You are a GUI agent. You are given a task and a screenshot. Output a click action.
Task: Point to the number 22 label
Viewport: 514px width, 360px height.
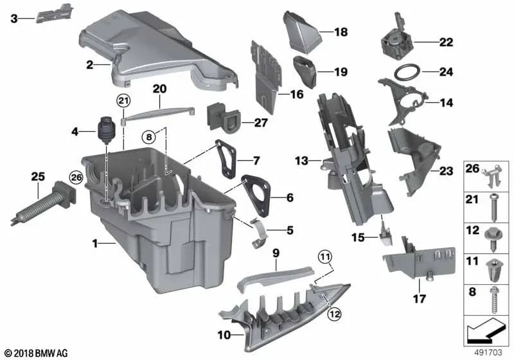coord(445,43)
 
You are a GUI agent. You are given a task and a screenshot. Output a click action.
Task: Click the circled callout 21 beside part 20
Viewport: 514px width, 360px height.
coord(123,100)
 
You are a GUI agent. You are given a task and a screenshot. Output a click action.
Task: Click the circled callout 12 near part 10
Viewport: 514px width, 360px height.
coord(333,314)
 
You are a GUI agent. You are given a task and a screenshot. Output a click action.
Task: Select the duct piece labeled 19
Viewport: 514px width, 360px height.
coord(306,71)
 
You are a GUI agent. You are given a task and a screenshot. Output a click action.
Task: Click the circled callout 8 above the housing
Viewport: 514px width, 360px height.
coord(149,136)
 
